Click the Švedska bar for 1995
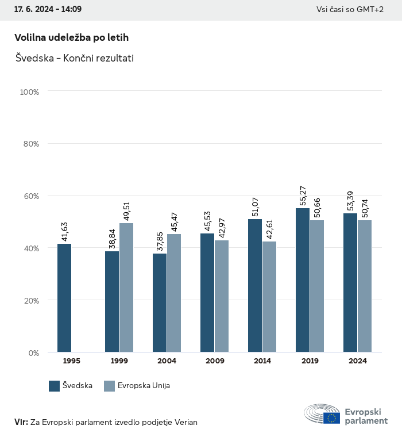(x=64, y=298)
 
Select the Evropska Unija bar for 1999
(x=126, y=287)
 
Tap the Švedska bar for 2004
(x=160, y=303)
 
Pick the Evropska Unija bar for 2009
(x=222, y=296)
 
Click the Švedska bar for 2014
(x=255, y=286)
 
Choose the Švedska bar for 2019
(x=303, y=280)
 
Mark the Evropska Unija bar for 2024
(x=365, y=286)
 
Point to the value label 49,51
(x=127, y=210)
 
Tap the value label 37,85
(x=160, y=241)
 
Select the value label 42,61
(x=270, y=229)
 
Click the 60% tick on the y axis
(x=31, y=196)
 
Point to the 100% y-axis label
(x=29, y=92)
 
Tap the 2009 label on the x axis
(x=214, y=361)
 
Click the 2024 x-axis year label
(x=357, y=361)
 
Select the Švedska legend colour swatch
(x=55, y=386)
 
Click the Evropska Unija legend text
(x=144, y=386)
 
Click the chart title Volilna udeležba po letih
(x=71, y=37)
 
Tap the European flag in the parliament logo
(x=331, y=418)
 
